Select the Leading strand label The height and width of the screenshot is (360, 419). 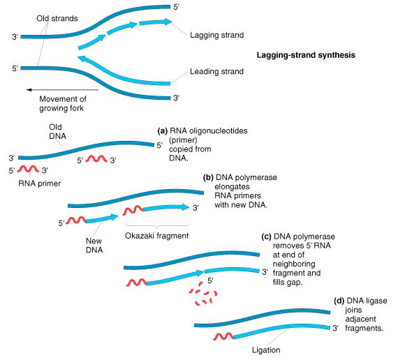[x=216, y=71]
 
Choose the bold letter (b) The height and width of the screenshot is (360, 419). [x=208, y=178]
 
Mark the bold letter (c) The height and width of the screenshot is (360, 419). [x=267, y=237]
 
